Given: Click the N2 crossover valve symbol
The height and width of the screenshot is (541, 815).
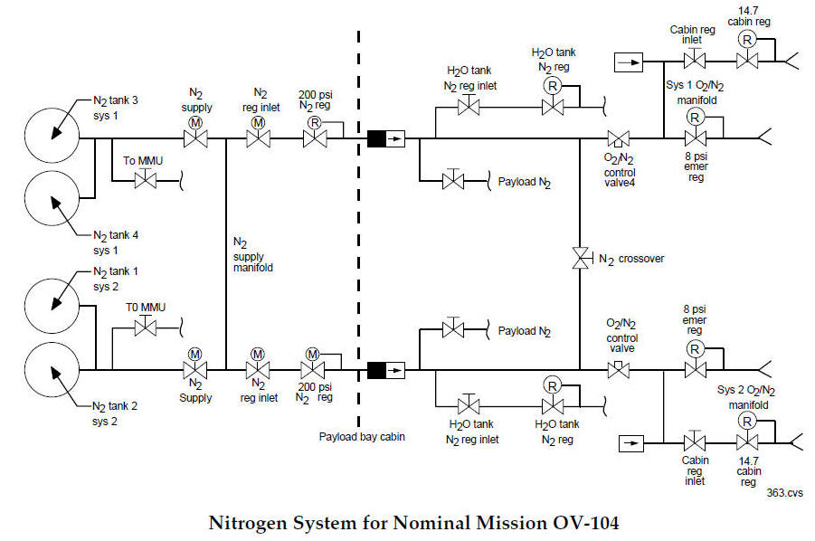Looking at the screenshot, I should pyautogui.click(x=579, y=258).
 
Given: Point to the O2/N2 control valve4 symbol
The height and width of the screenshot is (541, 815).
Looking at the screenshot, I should pyautogui.click(x=620, y=138).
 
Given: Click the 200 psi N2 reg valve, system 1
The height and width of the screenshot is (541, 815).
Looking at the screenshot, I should pyautogui.click(x=315, y=139).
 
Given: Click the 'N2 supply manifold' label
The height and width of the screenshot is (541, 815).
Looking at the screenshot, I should pyautogui.click(x=254, y=255).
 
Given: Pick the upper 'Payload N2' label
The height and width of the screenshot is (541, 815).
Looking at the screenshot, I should pyautogui.click(x=525, y=182).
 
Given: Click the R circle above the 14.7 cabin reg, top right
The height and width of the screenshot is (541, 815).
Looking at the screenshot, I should pyautogui.click(x=747, y=39).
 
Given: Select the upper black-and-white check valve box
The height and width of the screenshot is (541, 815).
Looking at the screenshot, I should pyautogui.click(x=386, y=139).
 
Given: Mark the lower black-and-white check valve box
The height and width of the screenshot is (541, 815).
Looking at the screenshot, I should pyautogui.click(x=386, y=369).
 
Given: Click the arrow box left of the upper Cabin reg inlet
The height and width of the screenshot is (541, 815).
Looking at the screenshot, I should pyautogui.click(x=628, y=62).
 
